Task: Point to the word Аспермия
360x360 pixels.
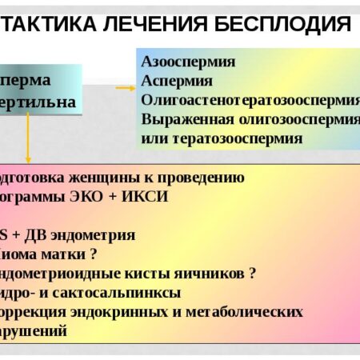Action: pos(177,81)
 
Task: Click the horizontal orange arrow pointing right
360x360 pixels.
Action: pos(124,88)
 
